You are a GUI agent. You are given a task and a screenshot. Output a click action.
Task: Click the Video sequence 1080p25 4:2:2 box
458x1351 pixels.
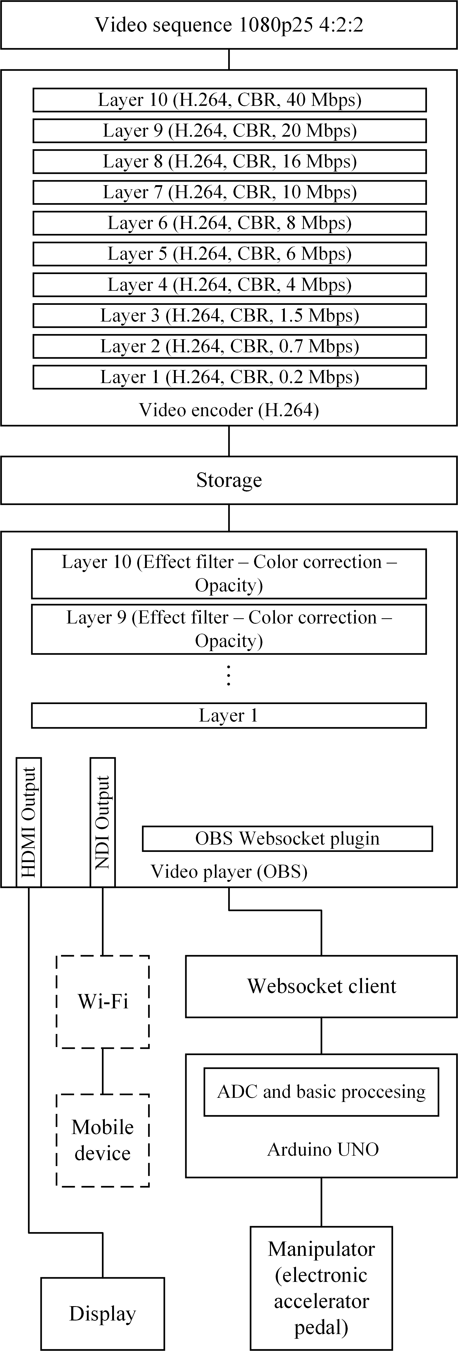point(229,25)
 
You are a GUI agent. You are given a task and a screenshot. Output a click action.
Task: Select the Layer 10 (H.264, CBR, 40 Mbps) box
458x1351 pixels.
point(229,100)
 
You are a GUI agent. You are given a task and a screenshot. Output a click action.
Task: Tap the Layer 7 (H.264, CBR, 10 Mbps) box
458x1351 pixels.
point(229,192)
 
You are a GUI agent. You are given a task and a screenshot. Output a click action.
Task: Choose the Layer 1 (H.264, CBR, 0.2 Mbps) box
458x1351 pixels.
point(229,377)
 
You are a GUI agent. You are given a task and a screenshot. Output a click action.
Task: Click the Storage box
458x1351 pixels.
point(229,480)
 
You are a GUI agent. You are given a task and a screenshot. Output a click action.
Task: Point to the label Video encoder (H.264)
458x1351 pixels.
point(229,410)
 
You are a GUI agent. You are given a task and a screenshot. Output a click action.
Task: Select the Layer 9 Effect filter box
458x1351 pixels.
point(229,629)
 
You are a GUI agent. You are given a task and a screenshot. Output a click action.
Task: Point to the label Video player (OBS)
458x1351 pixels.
point(229,871)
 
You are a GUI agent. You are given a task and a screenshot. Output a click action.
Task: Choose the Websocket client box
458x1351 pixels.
point(321,986)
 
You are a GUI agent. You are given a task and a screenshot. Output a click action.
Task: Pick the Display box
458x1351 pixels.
point(103,1313)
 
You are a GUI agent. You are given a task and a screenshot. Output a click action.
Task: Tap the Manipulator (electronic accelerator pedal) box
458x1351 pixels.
point(321,1288)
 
